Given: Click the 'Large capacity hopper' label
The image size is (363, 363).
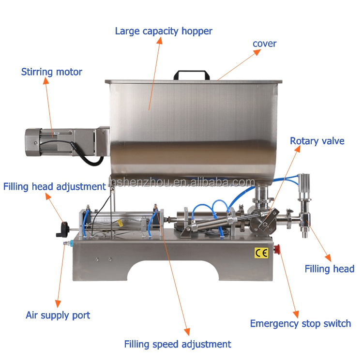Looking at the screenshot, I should [x=164, y=31].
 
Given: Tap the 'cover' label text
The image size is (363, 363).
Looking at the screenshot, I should [x=264, y=44].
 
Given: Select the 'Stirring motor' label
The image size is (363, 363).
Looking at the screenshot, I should [x=51, y=72].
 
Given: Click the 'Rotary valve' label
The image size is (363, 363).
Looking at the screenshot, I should [x=317, y=141].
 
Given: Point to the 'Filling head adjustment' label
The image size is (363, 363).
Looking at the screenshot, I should [x=54, y=186].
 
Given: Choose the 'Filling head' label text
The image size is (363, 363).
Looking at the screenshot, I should [x=329, y=269].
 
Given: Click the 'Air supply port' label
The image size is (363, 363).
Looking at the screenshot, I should [x=58, y=315].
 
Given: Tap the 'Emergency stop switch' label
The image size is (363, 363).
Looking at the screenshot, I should [x=300, y=323].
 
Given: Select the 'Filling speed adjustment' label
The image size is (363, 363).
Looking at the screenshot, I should [x=178, y=344].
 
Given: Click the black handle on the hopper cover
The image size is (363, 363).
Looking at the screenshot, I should [x=192, y=76].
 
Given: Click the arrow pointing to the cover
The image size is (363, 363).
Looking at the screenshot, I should [x=237, y=65].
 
